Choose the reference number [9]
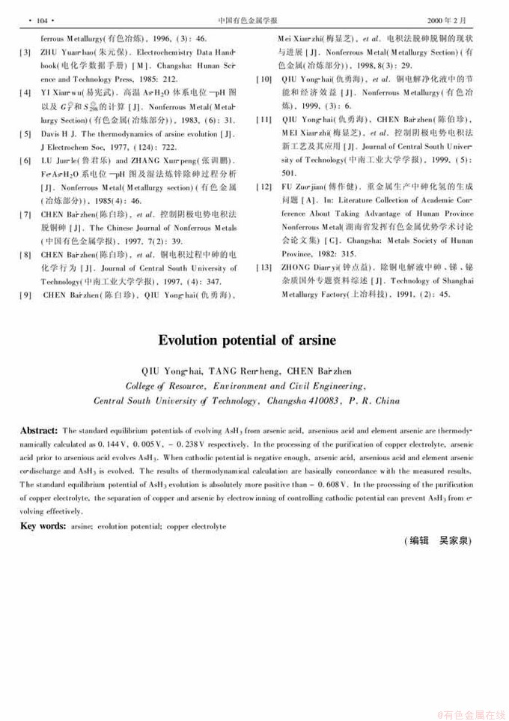click(25, 295)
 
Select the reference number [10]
click(263, 79)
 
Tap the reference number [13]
click(263, 268)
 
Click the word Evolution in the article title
click(187, 340)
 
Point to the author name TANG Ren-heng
click(243, 371)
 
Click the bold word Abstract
click(38, 431)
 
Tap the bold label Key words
click(42, 506)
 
